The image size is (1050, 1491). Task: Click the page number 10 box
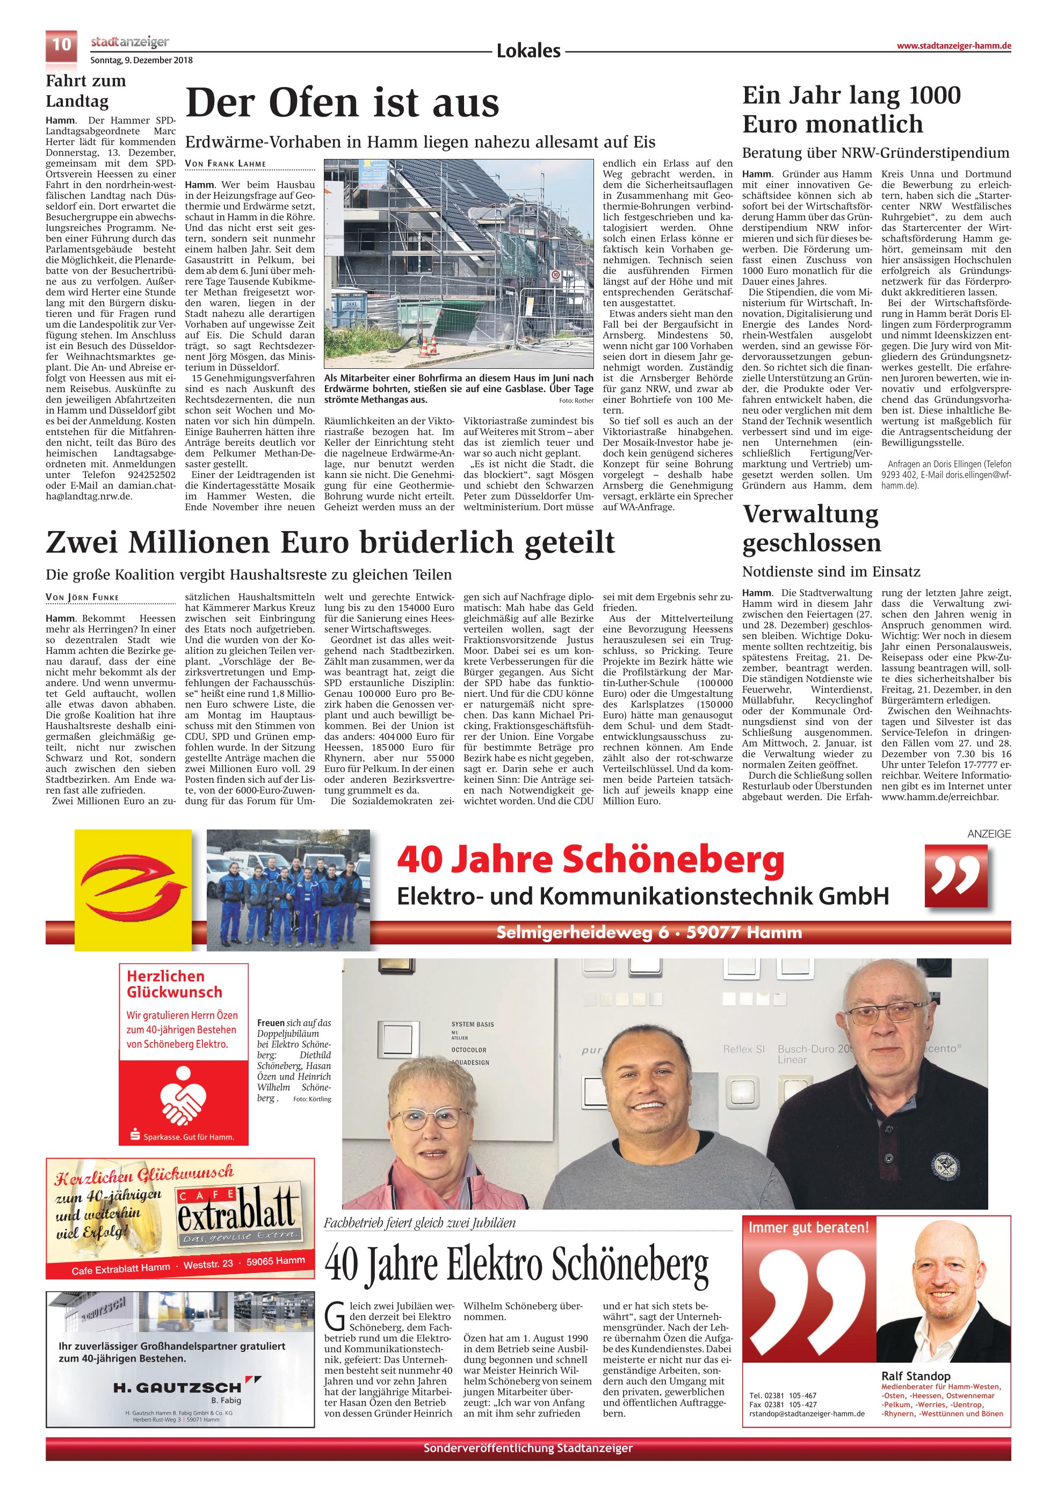click(x=61, y=45)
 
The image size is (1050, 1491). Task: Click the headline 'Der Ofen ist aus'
click(x=343, y=103)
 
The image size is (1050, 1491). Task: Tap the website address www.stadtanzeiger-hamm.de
click(x=953, y=46)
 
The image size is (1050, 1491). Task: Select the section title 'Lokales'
click(x=528, y=50)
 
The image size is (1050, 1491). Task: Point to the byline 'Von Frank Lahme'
click(x=226, y=164)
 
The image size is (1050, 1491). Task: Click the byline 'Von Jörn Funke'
click(x=83, y=598)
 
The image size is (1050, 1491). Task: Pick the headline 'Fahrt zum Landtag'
click(x=86, y=91)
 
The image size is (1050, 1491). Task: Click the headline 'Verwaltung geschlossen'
click(x=812, y=528)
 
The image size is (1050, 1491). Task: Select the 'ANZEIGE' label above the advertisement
click(x=988, y=834)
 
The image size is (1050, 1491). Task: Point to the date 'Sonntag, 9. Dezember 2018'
click(x=142, y=60)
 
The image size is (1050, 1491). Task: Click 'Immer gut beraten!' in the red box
click(x=808, y=1227)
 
